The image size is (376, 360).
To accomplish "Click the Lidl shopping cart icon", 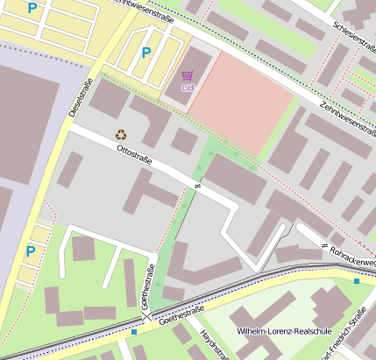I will (x=187, y=76).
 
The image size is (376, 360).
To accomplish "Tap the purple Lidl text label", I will (x=187, y=88).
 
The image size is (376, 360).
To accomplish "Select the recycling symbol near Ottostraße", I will (x=121, y=134).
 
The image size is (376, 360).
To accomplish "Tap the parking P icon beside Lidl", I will (x=145, y=53).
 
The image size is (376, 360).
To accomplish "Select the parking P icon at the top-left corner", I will (x=32, y=9).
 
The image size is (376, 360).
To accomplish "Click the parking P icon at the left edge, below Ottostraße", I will (x=30, y=251).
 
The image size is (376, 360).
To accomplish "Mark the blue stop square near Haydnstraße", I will (x=133, y=332).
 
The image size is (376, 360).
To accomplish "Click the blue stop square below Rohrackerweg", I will (x=357, y=281).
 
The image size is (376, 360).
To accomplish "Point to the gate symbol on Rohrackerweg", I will (x=324, y=244).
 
